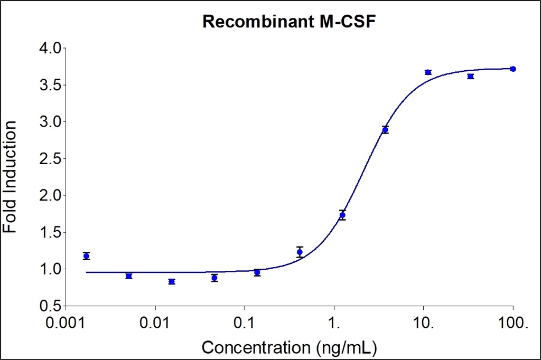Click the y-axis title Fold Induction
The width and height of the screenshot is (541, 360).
click(x=10, y=177)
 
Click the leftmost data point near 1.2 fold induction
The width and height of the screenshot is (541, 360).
click(x=86, y=256)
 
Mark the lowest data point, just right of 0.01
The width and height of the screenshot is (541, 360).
click(x=172, y=281)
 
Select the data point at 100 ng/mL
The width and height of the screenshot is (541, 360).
click(x=513, y=69)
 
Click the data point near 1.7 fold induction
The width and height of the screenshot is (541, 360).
click(x=342, y=215)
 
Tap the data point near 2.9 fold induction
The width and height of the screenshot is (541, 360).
click(x=385, y=130)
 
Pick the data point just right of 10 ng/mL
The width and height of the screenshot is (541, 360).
click(x=428, y=72)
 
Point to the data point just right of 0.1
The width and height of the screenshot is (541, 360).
click(x=257, y=272)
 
